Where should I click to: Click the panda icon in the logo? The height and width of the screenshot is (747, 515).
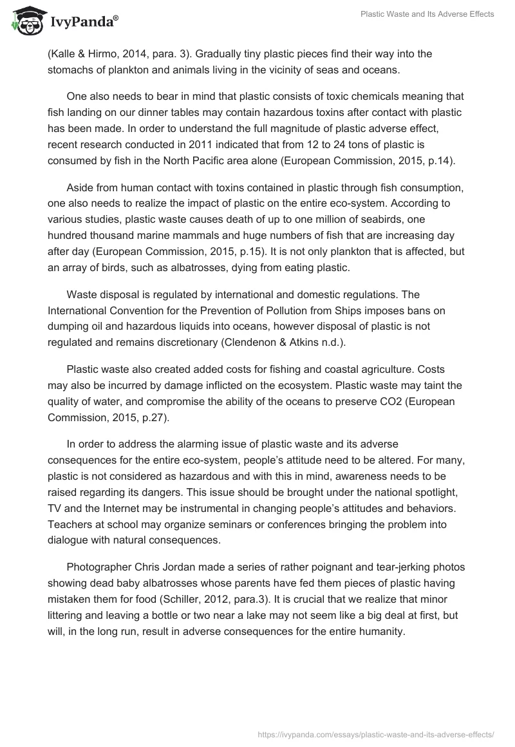25,22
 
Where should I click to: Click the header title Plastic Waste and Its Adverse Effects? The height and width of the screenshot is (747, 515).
427,14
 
